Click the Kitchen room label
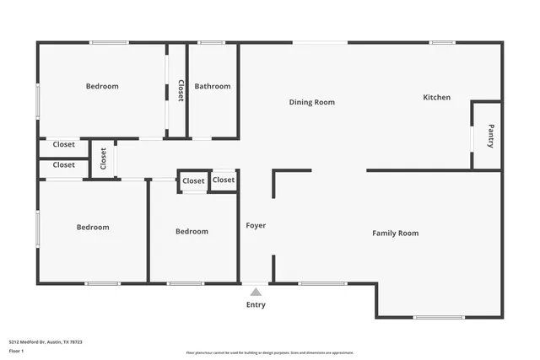436,98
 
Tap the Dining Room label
312,103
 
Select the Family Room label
396,234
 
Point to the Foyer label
256,226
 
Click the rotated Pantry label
491,136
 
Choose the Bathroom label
213,86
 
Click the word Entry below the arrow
256,305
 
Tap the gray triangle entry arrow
256,292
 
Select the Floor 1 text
16,350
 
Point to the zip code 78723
76,341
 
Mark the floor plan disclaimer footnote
269,352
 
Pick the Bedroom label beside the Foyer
192,232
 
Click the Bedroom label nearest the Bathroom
102,86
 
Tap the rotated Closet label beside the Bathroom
180,90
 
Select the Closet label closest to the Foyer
224,180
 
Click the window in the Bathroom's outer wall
211,43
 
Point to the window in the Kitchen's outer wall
442,43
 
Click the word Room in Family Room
408,234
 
